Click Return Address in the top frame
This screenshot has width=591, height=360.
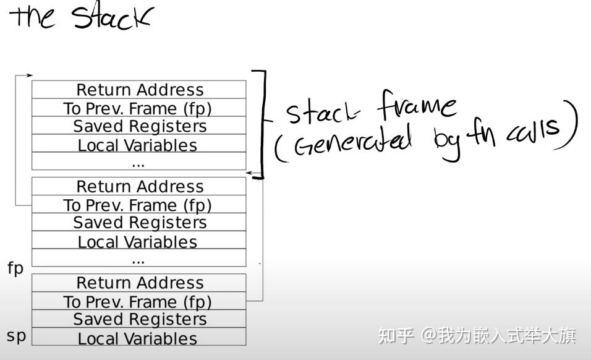[140, 90]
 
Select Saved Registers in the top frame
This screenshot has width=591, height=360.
[140, 126]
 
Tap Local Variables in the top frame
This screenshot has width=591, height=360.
[137, 145]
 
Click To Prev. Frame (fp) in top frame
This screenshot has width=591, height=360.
[137, 108]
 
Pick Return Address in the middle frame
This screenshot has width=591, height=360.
[140, 186]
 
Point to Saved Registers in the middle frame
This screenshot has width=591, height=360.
[140, 223]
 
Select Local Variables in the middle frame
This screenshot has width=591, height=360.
[137, 242]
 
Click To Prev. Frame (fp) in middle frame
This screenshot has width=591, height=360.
[137, 205]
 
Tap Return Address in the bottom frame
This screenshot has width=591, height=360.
[140, 283]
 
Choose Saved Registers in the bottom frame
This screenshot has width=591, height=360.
[140, 319]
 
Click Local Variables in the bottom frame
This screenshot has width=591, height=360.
[137, 338]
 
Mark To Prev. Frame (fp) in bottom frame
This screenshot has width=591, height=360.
[137, 301]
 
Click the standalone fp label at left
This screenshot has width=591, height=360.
[15, 268]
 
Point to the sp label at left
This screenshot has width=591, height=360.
[16, 336]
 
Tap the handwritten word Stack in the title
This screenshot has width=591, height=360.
[111, 17]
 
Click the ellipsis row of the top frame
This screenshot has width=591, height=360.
[138, 162]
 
